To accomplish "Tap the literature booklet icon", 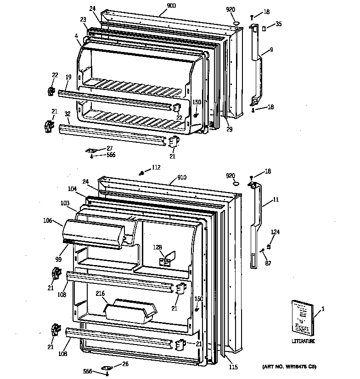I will coord(302,317).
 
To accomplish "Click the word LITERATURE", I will coord(303,341).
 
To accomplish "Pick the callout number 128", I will coord(157,248).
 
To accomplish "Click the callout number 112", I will coord(157,167).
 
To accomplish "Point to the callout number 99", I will coord(58,260).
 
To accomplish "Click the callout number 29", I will coord(229,130).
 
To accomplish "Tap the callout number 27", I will coord(110,148).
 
